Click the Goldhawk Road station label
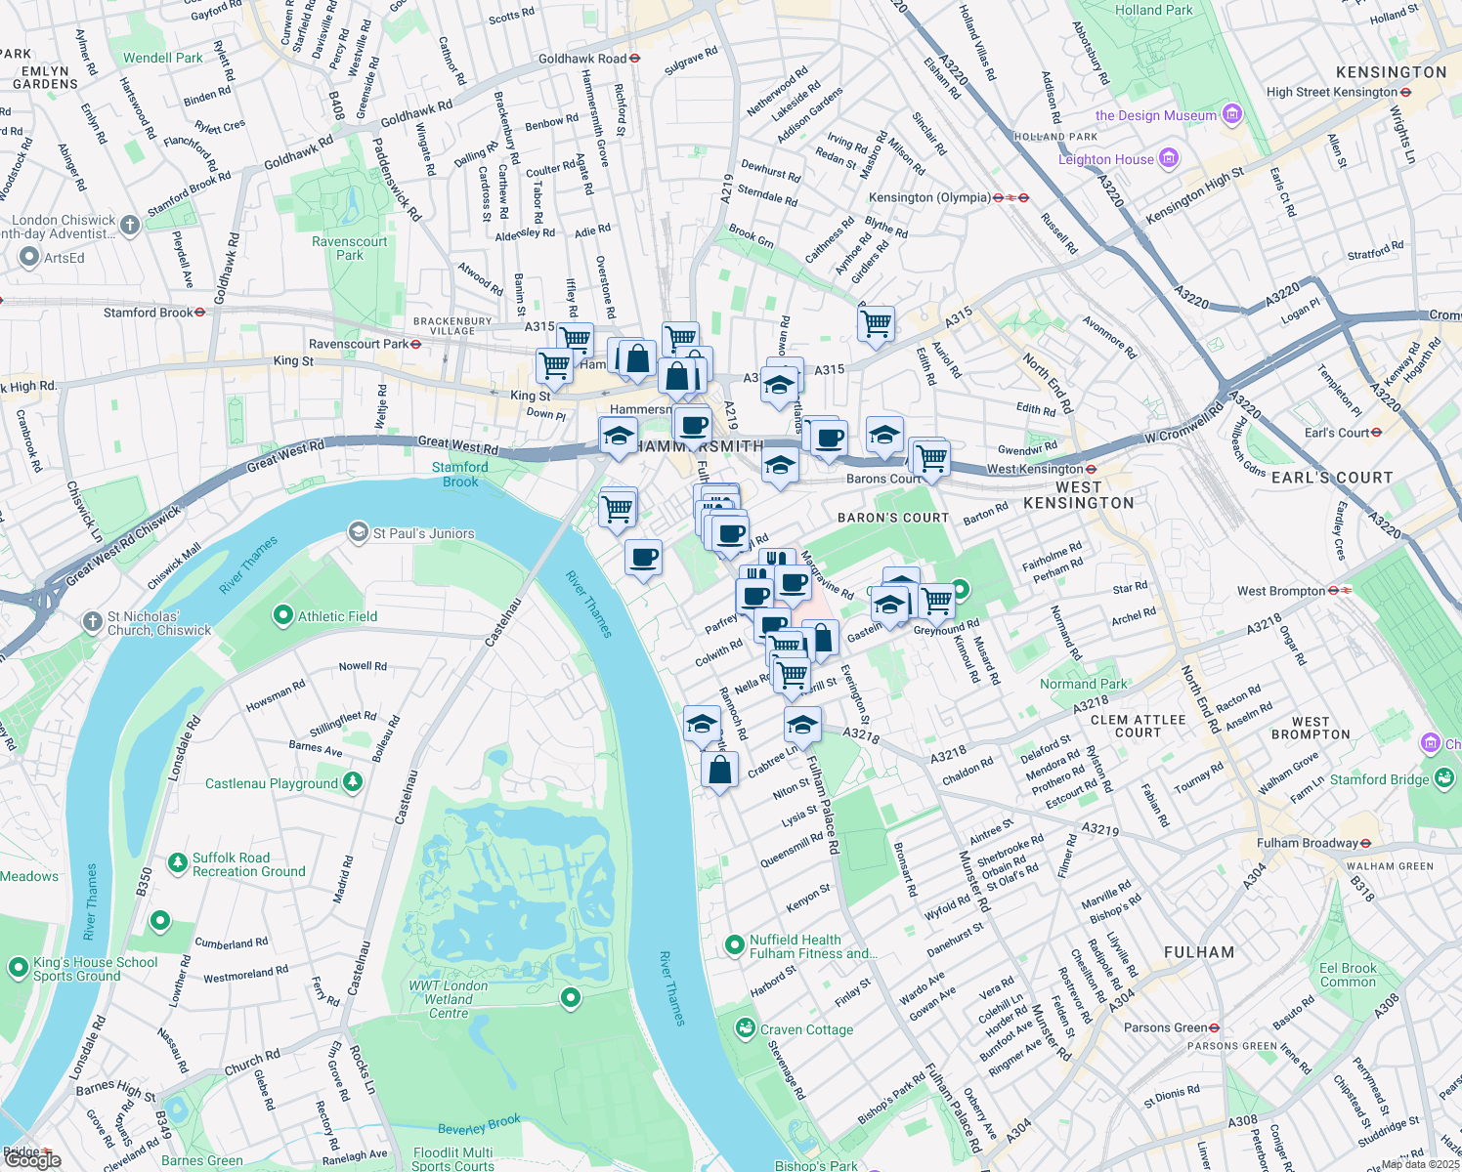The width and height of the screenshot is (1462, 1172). (x=582, y=59)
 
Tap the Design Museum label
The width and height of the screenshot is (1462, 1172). (x=1156, y=115)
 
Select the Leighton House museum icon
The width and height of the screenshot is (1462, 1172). (x=1168, y=158)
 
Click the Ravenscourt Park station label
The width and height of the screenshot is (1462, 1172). (x=358, y=344)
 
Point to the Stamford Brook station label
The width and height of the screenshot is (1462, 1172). (x=149, y=313)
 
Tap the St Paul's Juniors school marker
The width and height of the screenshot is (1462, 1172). (x=359, y=533)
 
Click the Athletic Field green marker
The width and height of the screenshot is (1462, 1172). (x=283, y=615)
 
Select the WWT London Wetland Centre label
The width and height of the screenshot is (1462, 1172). (x=449, y=999)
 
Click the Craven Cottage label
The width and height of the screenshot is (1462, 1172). (x=806, y=1029)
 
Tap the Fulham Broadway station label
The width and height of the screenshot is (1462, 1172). (x=1307, y=843)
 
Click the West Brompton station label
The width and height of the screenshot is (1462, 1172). (x=1280, y=591)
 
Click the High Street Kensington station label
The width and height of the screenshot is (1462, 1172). (x=1331, y=92)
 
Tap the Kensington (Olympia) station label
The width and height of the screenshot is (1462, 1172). (x=928, y=197)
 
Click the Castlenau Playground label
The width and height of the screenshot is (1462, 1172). (x=271, y=783)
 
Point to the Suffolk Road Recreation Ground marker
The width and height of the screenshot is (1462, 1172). (x=177, y=862)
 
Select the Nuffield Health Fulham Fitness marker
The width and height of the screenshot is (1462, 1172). (x=735, y=944)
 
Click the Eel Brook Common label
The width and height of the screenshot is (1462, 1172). (x=1347, y=975)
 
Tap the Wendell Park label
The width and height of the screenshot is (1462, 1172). (x=163, y=58)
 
